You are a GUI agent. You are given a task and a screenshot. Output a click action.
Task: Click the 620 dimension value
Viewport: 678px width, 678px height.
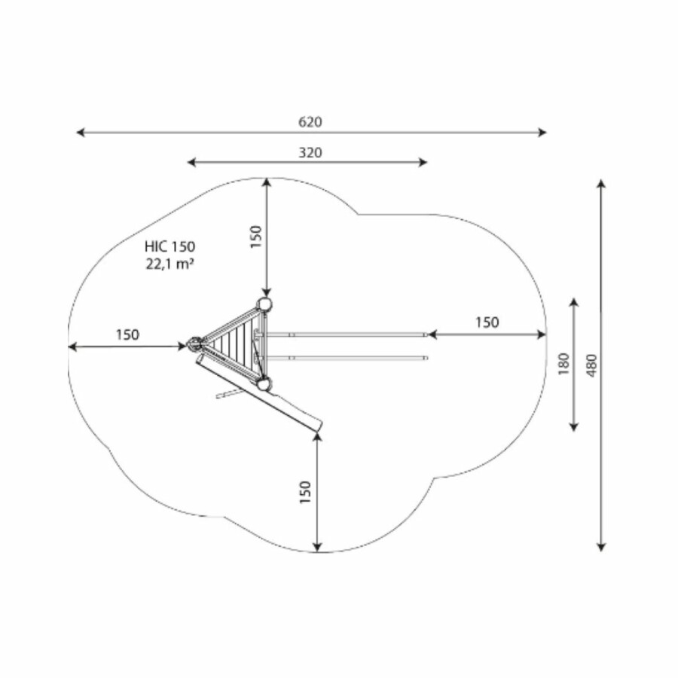pos(310,122)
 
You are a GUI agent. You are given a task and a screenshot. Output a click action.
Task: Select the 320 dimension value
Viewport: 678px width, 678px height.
pos(310,153)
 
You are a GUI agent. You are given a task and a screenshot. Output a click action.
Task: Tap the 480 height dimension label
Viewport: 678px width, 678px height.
pos(592,365)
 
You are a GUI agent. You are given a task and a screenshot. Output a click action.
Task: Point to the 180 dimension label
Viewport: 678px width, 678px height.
pos(563,364)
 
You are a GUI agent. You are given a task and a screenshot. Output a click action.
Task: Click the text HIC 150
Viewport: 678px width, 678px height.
pos(169,246)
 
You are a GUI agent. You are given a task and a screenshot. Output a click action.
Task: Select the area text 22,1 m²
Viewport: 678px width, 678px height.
pos(169,264)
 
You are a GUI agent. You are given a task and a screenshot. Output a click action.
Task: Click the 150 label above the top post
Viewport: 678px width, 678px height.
pos(256,237)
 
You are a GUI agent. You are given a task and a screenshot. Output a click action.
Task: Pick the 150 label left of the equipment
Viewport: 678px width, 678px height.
pos(127,334)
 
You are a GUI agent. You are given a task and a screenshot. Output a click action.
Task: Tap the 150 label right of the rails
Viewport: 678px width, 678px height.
pos(487,322)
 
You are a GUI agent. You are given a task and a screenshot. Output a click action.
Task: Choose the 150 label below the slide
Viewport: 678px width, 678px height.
pos(305,492)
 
